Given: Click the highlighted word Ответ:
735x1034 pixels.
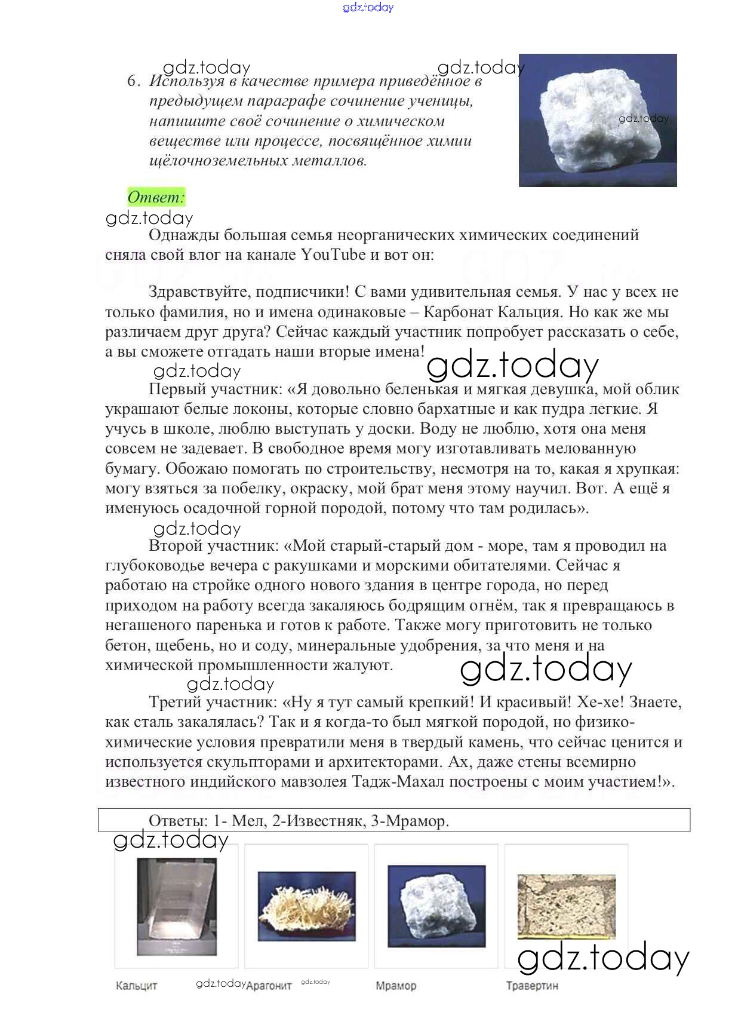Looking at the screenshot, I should coord(156,197).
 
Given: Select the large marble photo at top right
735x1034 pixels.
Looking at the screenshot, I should coord(598,120).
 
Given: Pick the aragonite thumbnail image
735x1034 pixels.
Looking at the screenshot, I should coord(306,905).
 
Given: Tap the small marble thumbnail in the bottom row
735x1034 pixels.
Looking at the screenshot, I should coord(436,906).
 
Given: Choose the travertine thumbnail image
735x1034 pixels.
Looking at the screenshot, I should coord(566,906).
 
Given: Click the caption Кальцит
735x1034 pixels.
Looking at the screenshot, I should coord(136,986).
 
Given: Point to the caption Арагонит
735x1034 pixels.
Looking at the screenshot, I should coord(269,986).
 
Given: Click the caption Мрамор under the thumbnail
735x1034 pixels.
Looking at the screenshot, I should coord(396,986).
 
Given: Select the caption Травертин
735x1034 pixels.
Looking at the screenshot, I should coord(532,986).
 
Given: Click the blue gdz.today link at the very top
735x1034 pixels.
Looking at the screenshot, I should coord(368,7).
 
